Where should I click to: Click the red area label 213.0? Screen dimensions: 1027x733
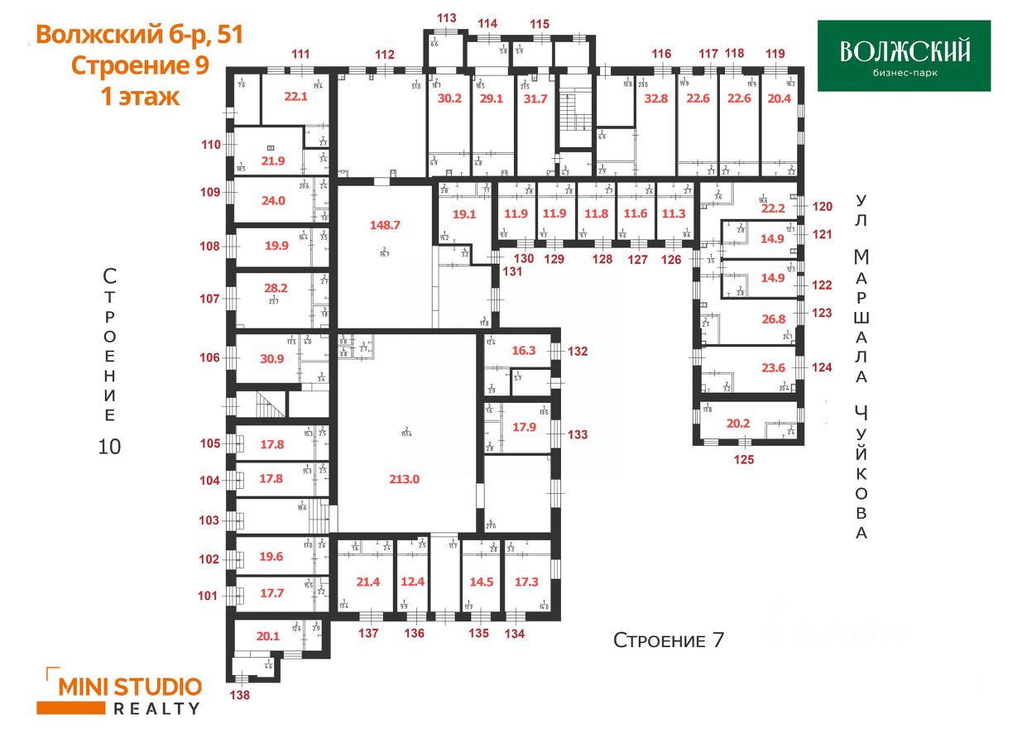[x=405, y=478]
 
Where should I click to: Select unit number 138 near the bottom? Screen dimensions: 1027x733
[x=239, y=695]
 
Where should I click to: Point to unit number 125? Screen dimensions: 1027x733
[x=744, y=460]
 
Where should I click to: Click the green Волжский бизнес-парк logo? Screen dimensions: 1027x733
[x=904, y=55]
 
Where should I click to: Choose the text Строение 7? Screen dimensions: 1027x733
[x=668, y=640]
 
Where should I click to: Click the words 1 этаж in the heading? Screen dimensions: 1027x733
[x=139, y=96]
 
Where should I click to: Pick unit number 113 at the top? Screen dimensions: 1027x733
[x=447, y=17]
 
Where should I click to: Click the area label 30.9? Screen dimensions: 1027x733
[x=271, y=358]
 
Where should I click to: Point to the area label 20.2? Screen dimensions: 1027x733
[x=737, y=422]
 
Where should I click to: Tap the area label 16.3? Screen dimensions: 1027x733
[x=524, y=350]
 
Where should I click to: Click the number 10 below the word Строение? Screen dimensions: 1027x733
[x=109, y=447]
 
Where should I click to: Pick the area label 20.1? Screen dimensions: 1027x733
[x=268, y=636]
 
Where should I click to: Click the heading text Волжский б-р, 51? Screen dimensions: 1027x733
[x=139, y=36]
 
